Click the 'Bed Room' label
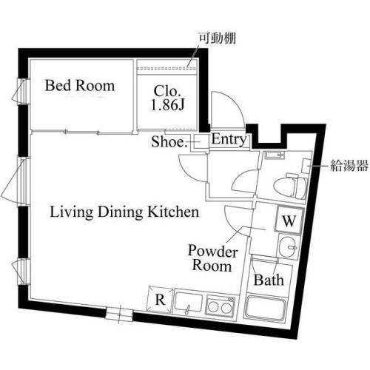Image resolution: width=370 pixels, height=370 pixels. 80,86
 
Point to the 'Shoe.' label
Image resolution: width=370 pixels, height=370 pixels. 169,141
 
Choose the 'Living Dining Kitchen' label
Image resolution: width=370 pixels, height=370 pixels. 124,212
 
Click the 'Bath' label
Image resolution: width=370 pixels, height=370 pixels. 266,280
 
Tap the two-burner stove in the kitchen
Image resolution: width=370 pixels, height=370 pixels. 220,304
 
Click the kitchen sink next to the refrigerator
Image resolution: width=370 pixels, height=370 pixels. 188,303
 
